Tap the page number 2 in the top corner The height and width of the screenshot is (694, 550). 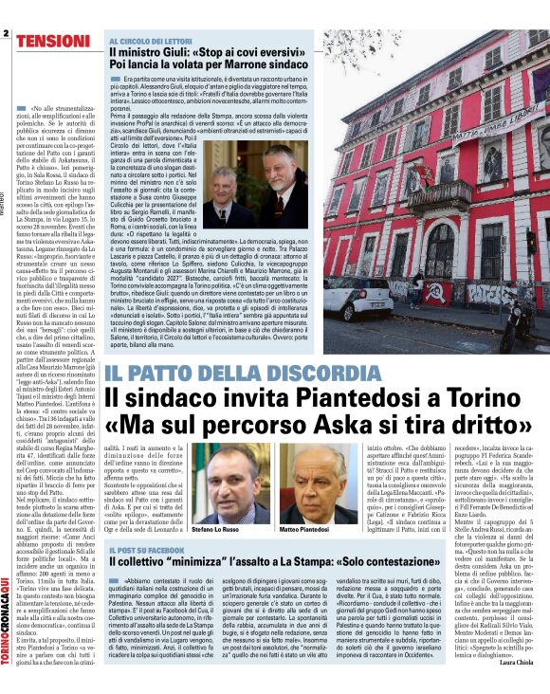[x=6, y=35]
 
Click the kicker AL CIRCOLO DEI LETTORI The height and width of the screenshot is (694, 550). [x=151, y=42]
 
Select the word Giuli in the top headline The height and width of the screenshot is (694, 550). [x=173, y=54]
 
